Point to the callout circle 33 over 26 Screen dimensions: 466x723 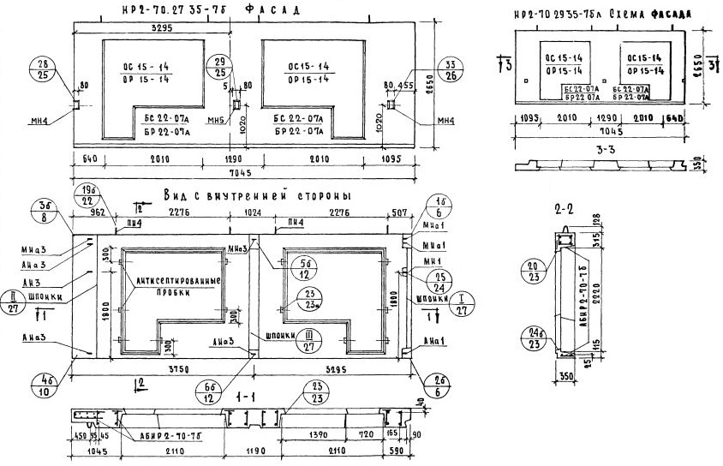click(x=447, y=69)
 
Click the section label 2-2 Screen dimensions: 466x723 click(x=565, y=209)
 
